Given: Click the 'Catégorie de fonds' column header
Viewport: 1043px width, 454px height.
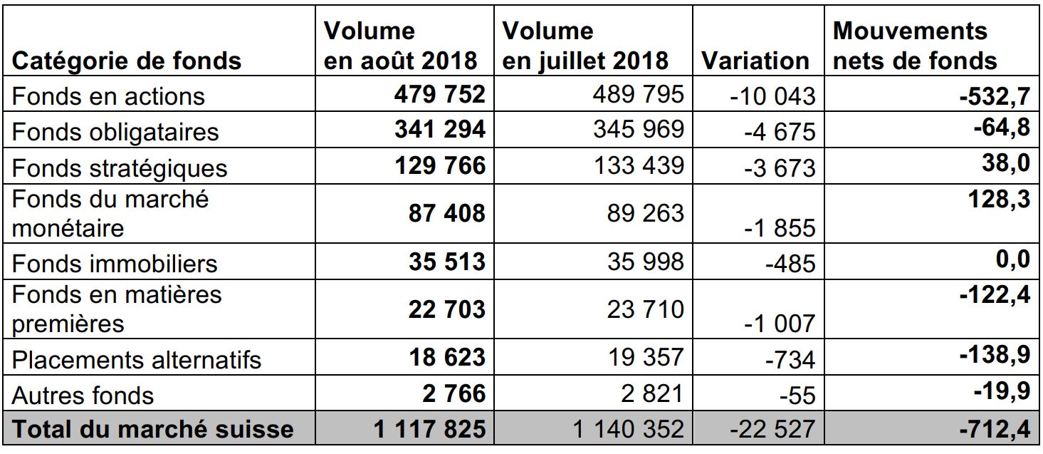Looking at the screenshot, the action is pos(127,61).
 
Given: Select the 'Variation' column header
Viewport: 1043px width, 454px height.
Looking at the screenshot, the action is pos(755,61).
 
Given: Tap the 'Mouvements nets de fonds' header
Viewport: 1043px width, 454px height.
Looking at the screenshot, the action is pos(914,46).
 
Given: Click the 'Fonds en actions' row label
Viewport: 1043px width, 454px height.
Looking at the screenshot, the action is pos(108,96).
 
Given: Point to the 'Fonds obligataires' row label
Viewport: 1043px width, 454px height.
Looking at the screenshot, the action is pos(115,132).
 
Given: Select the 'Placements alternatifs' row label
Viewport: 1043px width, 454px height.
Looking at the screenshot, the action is pos(137,360).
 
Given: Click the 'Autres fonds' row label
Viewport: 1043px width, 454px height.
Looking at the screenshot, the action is pos(83,396).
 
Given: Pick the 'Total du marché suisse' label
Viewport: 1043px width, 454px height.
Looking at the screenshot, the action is pos(153,429).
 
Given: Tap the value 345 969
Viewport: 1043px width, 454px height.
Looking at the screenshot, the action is pos(639,129).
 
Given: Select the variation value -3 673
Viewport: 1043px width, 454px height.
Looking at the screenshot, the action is pos(780,168).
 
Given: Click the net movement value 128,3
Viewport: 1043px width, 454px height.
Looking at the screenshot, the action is pos(1000,199).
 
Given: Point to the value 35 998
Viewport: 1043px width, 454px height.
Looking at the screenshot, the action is pos(645,262).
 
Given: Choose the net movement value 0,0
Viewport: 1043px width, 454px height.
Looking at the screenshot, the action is pos(1013,259).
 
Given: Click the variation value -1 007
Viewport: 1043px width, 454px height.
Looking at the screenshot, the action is pos(780,323).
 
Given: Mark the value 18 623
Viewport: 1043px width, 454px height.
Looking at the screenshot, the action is pos(447,358).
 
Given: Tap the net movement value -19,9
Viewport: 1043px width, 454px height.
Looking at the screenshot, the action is pos(1002,390).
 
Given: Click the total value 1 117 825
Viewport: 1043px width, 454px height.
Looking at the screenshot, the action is pos(429,429).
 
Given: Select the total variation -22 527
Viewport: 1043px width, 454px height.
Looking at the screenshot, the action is pos(773,429).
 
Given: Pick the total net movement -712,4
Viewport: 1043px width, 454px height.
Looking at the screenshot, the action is pos(995,429).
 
